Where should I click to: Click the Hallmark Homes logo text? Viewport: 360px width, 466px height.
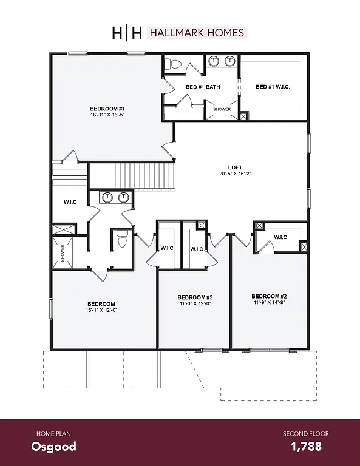(x=196, y=33)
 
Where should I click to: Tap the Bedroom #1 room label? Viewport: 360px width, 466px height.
(x=107, y=109)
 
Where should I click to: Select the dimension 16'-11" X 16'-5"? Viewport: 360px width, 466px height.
(x=107, y=115)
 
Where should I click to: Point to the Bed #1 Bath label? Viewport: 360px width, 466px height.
(x=203, y=87)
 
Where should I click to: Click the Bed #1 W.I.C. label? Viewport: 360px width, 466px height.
(x=273, y=87)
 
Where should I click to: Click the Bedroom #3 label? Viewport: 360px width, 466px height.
(x=195, y=297)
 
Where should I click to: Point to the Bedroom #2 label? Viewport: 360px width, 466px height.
(x=269, y=296)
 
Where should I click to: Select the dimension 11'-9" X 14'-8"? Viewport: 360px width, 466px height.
(x=269, y=303)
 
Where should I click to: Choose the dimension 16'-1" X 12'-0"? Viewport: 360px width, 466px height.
(x=101, y=310)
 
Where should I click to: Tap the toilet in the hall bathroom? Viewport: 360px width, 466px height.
(x=121, y=240)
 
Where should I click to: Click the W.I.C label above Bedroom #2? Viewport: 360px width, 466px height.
(x=280, y=237)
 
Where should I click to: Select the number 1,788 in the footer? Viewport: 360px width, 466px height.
(x=305, y=447)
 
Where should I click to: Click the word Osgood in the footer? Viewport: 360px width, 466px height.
(x=54, y=447)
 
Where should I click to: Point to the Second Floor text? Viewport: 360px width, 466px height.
(x=302, y=433)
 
